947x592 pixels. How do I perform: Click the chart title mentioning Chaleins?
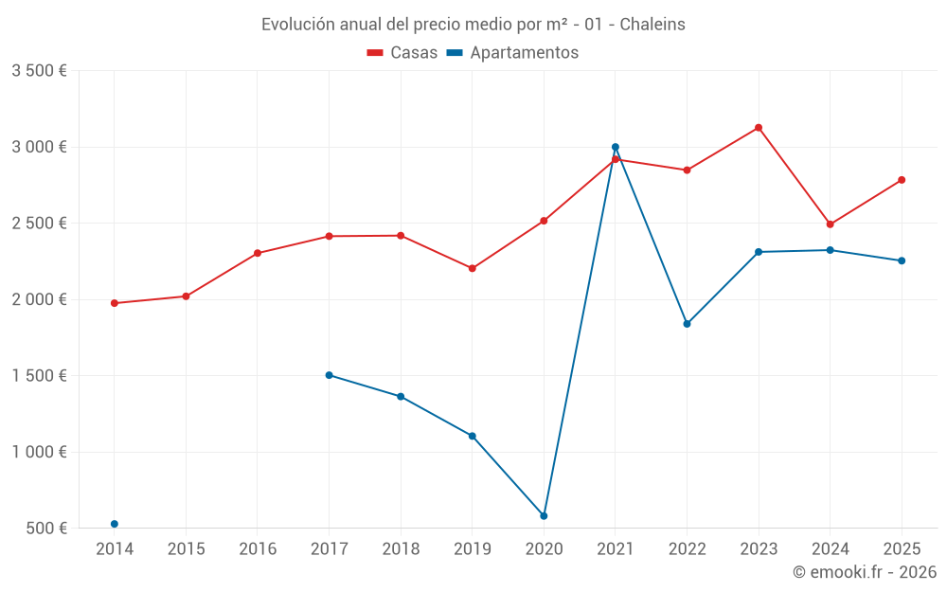click(473, 25)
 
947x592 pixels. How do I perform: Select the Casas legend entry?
click(402, 53)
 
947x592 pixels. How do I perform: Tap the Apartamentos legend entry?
click(512, 53)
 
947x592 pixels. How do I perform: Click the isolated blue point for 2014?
click(115, 524)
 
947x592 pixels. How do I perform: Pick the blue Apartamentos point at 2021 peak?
click(616, 147)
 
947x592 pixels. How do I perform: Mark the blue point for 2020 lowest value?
click(544, 516)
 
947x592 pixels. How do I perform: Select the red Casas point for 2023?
click(759, 128)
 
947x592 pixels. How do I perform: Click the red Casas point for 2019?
click(473, 268)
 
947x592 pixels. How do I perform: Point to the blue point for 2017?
click(329, 375)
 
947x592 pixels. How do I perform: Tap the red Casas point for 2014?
click(115, 303)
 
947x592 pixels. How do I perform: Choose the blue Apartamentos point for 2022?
click(687, 324)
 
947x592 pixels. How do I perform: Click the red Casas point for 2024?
click(830, 224)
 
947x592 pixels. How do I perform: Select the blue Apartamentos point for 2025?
click(902, 260)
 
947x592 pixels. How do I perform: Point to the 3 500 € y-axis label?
click(39, 71)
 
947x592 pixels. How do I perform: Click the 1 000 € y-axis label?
click(39, 452)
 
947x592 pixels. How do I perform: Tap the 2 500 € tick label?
click(39, 224)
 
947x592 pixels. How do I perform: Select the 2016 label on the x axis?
click(258, 549)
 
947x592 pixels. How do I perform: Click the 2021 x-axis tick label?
click(616, 549)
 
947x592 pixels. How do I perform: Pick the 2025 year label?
click(902, 549)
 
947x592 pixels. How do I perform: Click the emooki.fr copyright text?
click(864, 572)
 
